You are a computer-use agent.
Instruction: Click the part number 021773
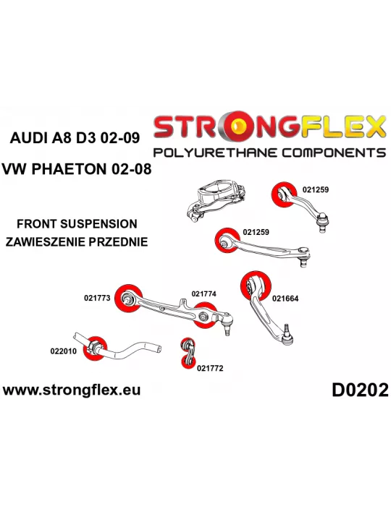[x=97, y=298]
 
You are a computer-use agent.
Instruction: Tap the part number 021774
[x=203, y=293]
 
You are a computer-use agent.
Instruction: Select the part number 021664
[x=285, y=299]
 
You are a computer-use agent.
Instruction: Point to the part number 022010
[x=63, y=351]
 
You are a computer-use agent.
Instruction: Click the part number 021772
[x=210, y=368]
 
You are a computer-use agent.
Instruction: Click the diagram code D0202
[x=360, y=390]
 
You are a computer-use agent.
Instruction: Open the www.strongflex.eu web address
[x=72, y=390]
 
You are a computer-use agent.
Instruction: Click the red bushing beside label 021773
[x=128, y=299]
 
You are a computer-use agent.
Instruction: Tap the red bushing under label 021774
[x=204, y=315]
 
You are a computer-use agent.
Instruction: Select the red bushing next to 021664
[x=256, y=286]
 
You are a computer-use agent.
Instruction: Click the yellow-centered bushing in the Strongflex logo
[x=240, y=126]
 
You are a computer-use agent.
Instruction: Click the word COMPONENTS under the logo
[x=334, y=153]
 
